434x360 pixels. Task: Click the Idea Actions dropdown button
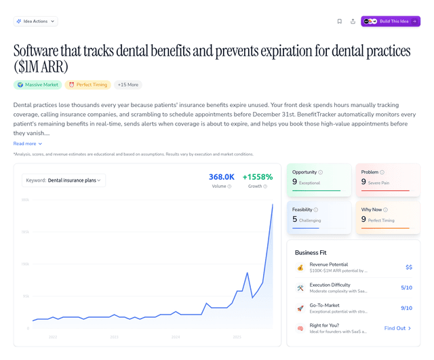(35, 21)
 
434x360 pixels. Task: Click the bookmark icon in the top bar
(339, 21)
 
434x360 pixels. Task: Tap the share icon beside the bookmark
(353, 21)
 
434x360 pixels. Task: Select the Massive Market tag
(37, 85)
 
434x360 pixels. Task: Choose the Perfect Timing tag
(88, 85)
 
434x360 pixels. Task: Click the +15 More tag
(127, 85)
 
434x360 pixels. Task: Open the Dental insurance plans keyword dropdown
(64, 180)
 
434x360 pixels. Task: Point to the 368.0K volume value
(221, 177)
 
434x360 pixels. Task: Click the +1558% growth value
(257, 177)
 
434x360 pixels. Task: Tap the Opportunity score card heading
(304, 172)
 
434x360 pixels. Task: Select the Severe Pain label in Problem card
(379, 183)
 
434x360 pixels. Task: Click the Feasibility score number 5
(295, 220)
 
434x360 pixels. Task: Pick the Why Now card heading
(372, 209)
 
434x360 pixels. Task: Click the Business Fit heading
(311, 252)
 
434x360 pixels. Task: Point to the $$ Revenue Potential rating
(408, 267)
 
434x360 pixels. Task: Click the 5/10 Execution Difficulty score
(406, 287)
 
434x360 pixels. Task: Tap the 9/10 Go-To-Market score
(406, 308)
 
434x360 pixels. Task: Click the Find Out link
(397, 328)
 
